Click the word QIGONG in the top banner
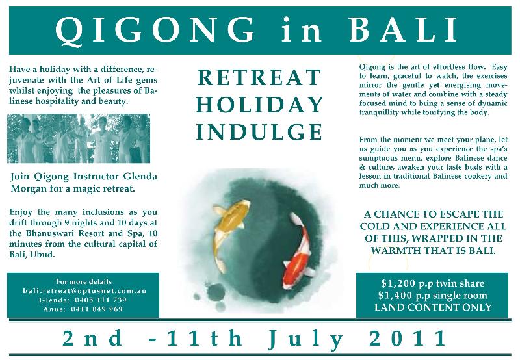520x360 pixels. (x=155, y=31)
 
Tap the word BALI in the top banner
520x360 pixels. (x=403, y=30)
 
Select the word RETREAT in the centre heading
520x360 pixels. (x=259, y=77)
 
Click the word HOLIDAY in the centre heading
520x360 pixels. (x=259, y=105)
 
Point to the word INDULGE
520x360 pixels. (x=259, y=132)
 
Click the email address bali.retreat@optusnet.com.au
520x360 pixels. (x=84, y=290)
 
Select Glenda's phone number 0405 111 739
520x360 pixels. (x=101, y=300)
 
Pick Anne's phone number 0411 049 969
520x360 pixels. (x=97, y=309)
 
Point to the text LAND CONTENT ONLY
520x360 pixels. (x=433, y=307)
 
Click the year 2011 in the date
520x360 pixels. (x=408, y=339)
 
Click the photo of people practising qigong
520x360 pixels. (x=79, y=138)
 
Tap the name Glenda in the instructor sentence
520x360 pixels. (x=140, y=176)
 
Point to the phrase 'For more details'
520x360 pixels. (x=84, y=282)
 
